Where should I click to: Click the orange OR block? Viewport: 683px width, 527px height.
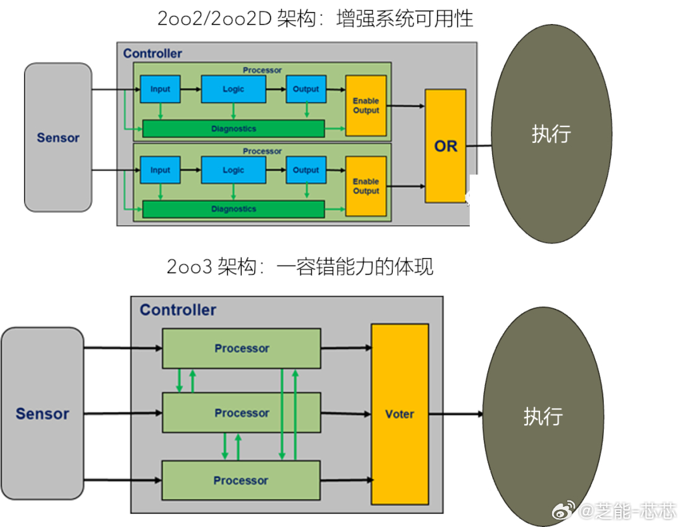pos(446,146)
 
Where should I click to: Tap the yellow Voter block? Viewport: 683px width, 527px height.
pos(400,414)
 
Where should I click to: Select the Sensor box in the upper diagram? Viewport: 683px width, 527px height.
pos(58,137)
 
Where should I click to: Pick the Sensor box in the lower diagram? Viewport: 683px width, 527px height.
pos(42,413)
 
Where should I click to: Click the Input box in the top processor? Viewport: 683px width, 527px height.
pos(160,89)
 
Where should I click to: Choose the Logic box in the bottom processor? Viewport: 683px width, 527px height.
pos(233,170)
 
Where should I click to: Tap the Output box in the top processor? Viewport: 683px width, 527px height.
pos(306,89)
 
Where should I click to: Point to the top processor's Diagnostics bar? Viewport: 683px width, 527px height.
pos(233,128)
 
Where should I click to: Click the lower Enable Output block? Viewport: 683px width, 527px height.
pos(366,186)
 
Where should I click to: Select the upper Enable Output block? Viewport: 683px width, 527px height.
pos(366,106)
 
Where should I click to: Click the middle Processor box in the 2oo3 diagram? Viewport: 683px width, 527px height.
pos(242,412)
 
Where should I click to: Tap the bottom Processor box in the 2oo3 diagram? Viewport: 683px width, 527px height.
pos(241,480)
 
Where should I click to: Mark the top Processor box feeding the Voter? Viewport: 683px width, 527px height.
pos(242,349)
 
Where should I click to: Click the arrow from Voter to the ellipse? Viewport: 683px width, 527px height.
pos(456,414)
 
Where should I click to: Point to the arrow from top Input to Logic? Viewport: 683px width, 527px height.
pos(191,89)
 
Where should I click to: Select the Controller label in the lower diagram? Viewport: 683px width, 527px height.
pos(178,310)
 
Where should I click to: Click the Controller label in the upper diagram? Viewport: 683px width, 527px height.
pos(152,53)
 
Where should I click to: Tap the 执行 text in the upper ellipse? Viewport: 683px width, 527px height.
pos(551,133)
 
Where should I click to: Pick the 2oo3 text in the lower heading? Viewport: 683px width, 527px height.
pos(189,267)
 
